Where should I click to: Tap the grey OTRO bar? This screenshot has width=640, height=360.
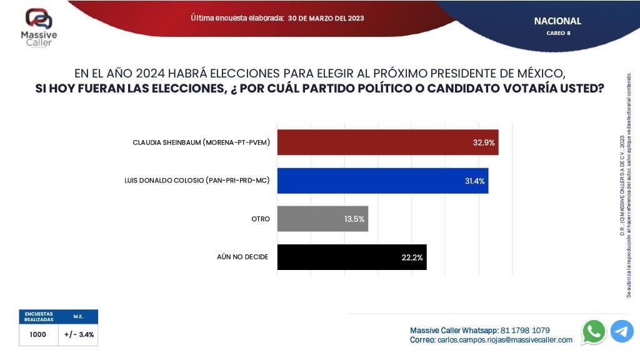tap(322, 219)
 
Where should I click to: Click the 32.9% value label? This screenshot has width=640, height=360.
tap(484, 142)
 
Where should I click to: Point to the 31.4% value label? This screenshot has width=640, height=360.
tap(474, 181)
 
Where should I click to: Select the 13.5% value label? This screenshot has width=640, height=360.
tap(354, 219)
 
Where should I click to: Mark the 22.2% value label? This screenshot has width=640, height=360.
tap(412, 257)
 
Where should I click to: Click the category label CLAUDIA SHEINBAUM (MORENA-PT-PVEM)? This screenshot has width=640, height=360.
tap(201, 142)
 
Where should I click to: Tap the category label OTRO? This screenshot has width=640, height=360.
tap(261, 219)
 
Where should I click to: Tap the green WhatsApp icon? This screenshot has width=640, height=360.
tap(593, 331)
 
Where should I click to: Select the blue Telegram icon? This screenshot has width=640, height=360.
tap(622, 331)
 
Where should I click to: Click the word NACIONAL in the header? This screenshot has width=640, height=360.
tap(557, 21)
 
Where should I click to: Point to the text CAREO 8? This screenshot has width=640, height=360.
tap(557, 33)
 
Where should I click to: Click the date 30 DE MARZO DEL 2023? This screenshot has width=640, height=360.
tap(326, 18)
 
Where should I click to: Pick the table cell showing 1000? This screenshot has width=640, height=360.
tap(38, 334)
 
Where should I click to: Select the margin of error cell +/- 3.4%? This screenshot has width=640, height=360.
tap(79, 334)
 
